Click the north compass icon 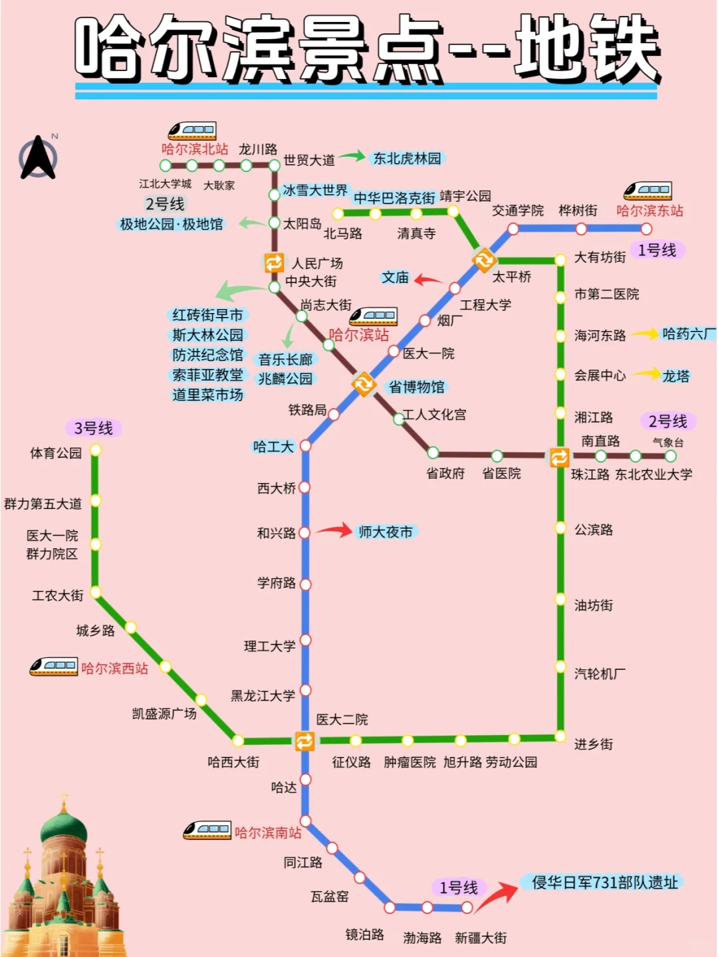click(39, 158)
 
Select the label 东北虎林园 click(407, 158)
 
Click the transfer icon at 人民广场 click(274, 263)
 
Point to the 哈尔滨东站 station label click(650, 211)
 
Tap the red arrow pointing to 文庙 click(429, 280)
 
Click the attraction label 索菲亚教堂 click(207, 375)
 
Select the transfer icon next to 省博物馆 click(364, 383)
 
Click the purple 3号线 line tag click(93, 428)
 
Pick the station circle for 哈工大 click(306, 445)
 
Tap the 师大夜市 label click(386, 532)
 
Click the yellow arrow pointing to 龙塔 click(646, 374)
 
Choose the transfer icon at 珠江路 click(560, 457)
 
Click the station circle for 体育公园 click(96, 450)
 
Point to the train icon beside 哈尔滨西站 click(53, 666)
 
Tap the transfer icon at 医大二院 click(304, 740)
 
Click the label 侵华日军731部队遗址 click(605, 883)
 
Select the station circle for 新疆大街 click(467, 907)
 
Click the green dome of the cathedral click(64, 829)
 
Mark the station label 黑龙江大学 click(263, 696)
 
